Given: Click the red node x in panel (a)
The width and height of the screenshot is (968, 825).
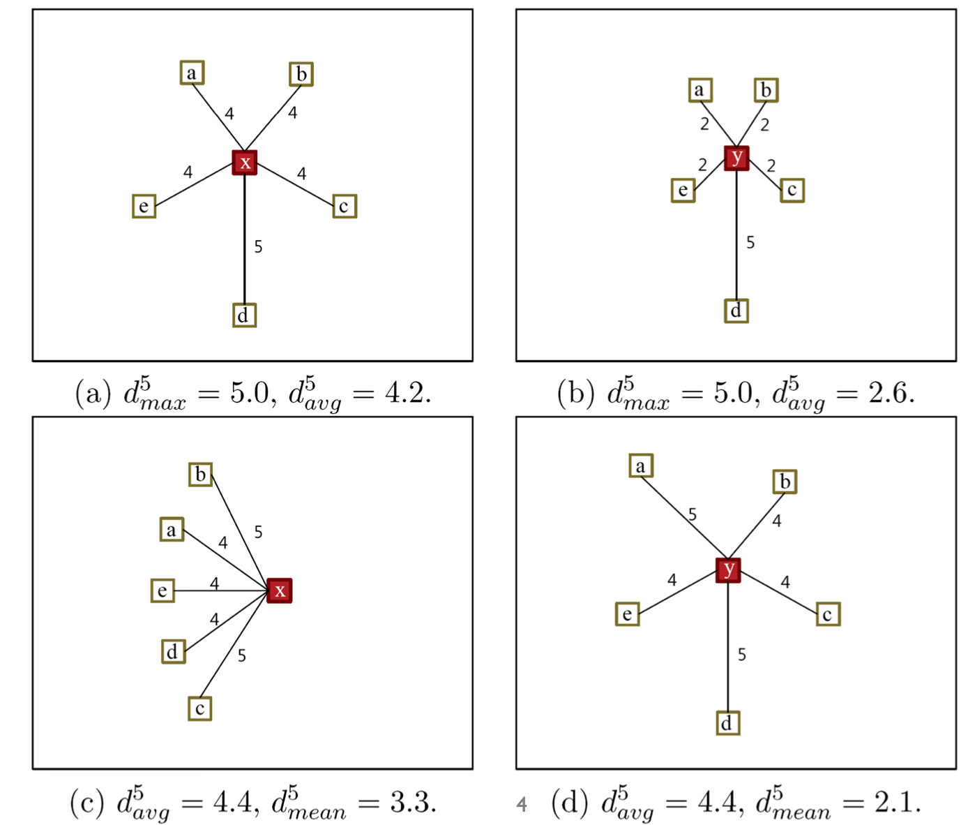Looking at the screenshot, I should pos(245,163).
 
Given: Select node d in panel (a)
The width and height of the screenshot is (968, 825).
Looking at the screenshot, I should pos(244,315).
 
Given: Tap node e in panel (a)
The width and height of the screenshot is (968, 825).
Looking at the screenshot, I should pos(144,206).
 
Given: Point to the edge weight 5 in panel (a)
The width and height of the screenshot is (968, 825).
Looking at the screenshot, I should pos(258,246).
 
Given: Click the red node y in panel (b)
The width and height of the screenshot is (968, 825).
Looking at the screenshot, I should pos(736,158).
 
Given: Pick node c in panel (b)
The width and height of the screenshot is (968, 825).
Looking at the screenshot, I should pos(792,190).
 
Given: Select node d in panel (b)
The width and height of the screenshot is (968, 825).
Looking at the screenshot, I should pos(736,311).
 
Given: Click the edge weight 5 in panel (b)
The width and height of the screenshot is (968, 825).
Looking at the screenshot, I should pos(750,242).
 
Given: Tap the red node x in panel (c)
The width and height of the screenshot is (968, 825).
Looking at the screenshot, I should pos(280,590).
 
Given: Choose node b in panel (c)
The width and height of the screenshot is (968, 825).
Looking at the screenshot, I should pos(200,475).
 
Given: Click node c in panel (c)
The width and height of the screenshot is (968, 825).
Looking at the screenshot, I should pos(199,708).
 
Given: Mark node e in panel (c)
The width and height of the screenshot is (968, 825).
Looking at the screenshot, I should pos(162,590).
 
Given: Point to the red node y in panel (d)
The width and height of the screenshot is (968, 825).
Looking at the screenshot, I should pos(728,570).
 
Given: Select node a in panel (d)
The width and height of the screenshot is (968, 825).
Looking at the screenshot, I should pos(641,466).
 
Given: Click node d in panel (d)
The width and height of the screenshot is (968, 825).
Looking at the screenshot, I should pos(727,723).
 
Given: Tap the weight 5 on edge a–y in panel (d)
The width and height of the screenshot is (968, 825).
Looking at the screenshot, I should pos(692,514).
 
